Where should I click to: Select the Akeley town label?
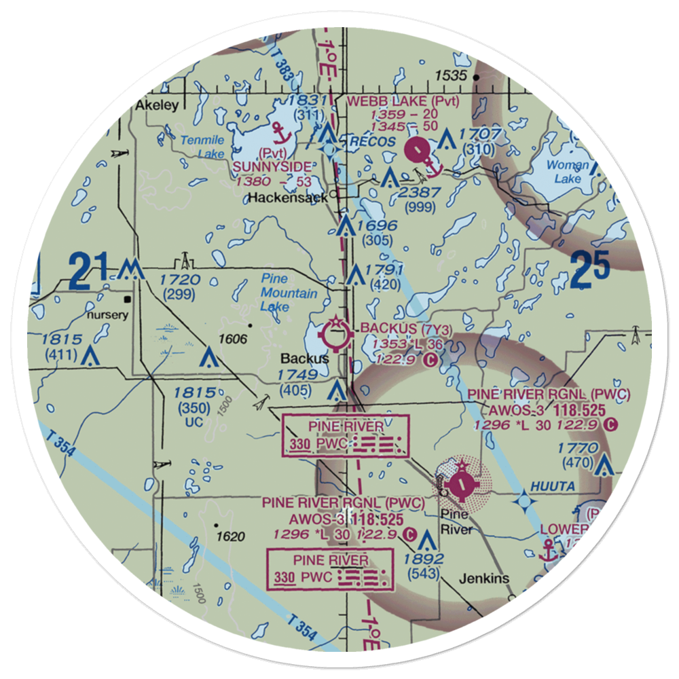156,105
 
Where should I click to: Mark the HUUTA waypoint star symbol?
524,502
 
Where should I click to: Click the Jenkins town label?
483,579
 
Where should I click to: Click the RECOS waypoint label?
371,141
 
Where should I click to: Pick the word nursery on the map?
107,315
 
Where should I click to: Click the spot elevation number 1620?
230,536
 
